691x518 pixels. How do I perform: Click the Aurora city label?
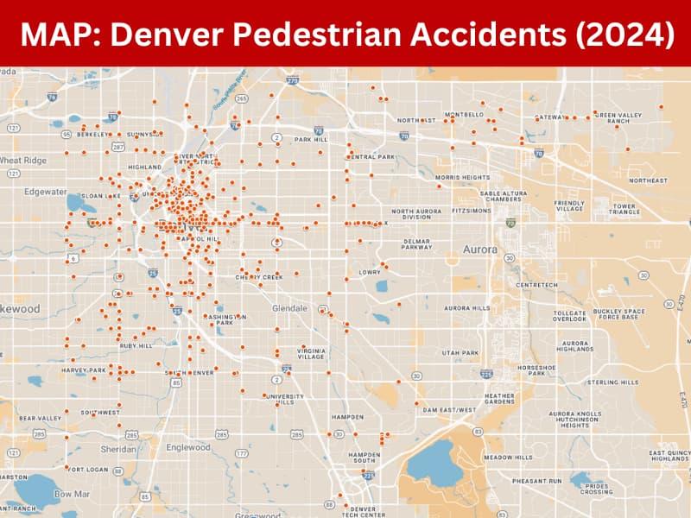tap(480, 250)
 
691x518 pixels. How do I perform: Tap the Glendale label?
tap(290, 308)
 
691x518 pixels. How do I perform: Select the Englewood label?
tap(187, 448)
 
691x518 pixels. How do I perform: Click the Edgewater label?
tap(46, 191)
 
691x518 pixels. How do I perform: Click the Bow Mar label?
tap(67, 493)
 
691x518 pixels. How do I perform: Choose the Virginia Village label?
tap(312, 354)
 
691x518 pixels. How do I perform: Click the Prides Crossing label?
tap(597, 488)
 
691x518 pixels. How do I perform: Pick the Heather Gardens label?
tap(499, 399)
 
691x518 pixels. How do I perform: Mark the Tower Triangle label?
tap(624, 208)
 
